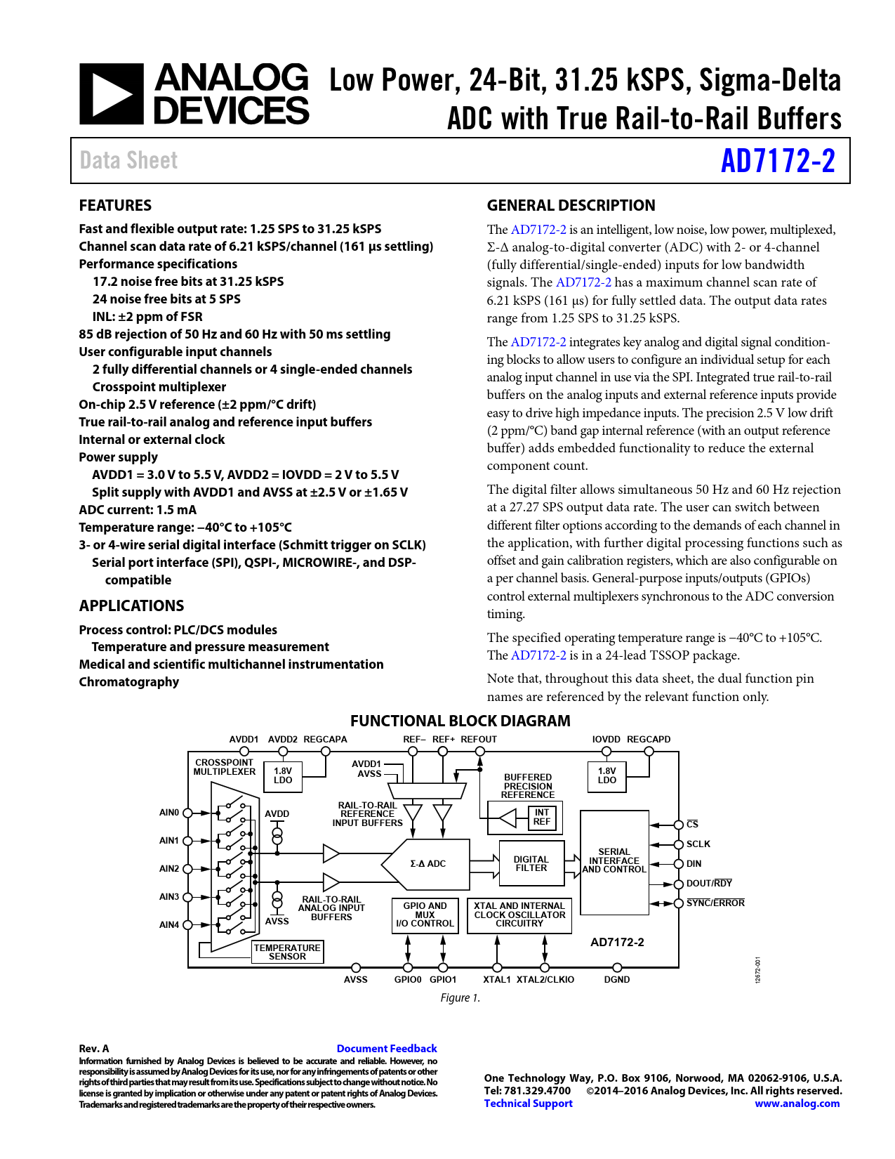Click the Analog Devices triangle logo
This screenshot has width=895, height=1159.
click(111, 94)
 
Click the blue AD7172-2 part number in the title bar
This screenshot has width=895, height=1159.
click(778, 161)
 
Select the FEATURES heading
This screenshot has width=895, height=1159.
click(115, 206)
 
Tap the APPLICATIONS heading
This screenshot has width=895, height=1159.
click(131, 606)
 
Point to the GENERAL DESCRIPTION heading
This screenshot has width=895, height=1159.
click(571, 206)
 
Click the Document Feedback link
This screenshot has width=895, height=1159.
click(386, 1049)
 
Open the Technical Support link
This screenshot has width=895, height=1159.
click(528, 1104)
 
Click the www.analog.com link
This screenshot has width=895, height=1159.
click(797, 1104)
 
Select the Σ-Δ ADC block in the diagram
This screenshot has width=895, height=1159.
click(427, 864)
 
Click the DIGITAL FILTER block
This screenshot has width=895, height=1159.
click(531, 864)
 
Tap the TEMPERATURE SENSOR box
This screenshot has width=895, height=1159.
click(287, 952)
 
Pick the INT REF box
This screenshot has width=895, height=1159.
click(541, 817)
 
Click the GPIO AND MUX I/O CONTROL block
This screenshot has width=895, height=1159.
click(425, 915)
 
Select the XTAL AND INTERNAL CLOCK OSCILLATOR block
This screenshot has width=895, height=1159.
click(519, 915)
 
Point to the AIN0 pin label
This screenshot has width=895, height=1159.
click(169, 813)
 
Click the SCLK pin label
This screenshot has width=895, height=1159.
click(698, 844)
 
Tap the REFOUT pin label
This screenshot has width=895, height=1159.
click(479, 740)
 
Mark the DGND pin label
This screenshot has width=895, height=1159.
click(617, 980)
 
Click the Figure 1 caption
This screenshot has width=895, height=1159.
click(460, 998)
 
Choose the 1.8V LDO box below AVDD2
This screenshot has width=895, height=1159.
click(283, 776)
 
